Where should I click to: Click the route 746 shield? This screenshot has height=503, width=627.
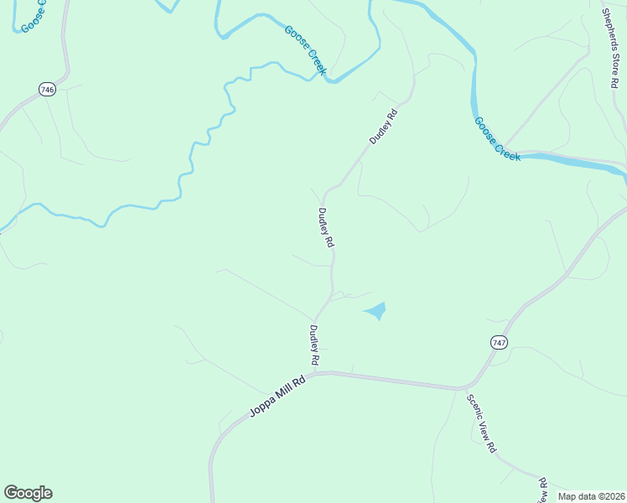pyautogui.click(x=48, y=89)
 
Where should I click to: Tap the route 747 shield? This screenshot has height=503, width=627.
pyautogui.click(x=500, y=342)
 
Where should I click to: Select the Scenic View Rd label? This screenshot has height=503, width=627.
pyautogui.click(x=481, y=423)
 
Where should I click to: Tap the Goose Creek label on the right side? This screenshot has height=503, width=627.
pyautogui.click(x=497, y=138)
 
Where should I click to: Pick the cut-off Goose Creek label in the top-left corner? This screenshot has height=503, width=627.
pyautogui.click(x=34, y=14)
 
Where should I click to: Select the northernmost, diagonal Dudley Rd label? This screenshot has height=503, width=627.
pyautogui.click(x=383, y=126)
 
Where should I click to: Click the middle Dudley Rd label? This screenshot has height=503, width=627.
pyautogui.click(x=325, y=227)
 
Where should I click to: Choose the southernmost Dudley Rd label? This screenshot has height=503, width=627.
pyautogui.click(x=315, y=345)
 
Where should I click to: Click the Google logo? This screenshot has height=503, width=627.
pyautogui.click(x=28, y=493)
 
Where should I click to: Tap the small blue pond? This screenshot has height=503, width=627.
pyautogui.click(x=376, y=312)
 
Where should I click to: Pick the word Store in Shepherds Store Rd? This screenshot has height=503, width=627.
pyautogui.click(x=614, y=48)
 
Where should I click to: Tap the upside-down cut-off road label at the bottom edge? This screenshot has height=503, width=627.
pyautogui.click(x=541, y=489)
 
